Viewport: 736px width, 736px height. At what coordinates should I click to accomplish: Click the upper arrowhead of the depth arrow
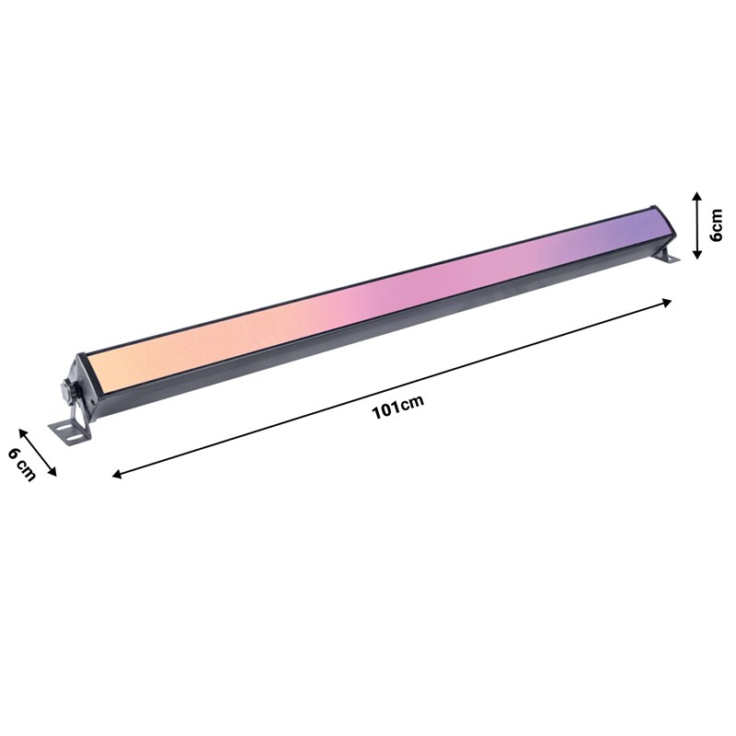click(21, 430)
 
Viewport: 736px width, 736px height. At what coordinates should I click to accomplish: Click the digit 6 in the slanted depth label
click(16, 454)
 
